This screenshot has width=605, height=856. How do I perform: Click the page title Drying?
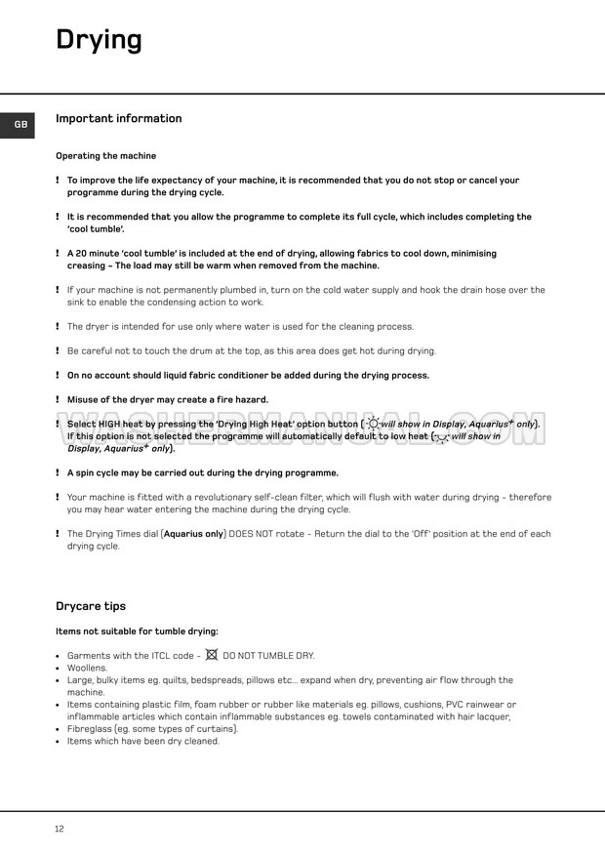point(99,40)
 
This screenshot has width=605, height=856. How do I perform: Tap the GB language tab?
point(20,125)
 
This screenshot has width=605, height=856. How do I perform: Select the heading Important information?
point(118,119)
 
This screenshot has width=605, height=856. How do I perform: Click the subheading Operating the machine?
point(105,156)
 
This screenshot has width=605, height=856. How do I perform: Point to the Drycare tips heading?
point(91,606)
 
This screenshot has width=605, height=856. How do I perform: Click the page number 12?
point(60,829)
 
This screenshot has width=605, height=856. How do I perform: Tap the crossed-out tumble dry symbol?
point(211,655)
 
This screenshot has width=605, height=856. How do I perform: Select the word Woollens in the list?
point(87,668)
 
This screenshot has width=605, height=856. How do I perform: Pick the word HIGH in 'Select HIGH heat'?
point(109,425)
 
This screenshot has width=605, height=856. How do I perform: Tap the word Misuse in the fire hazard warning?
point(84,400)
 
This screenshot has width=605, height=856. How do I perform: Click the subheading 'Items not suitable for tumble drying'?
point(137,632)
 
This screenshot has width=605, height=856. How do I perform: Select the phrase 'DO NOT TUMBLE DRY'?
point(268,656)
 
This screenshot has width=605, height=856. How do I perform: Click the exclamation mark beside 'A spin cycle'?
point(57,473)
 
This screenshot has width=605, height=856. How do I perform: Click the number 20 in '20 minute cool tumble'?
point(82,254)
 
